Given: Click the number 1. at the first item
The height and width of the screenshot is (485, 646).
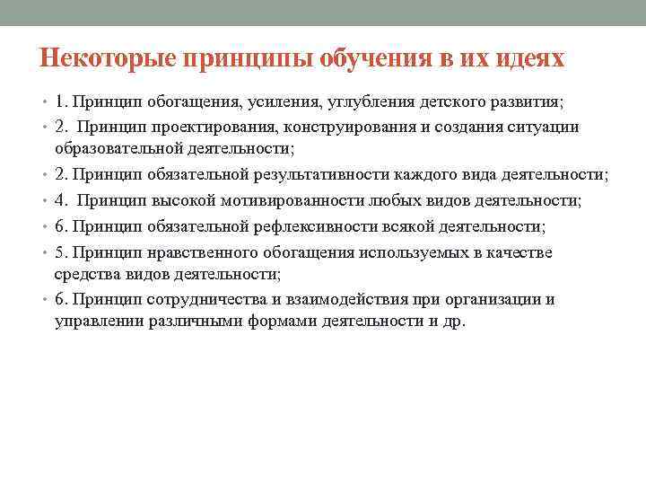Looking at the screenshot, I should tap(61, 103).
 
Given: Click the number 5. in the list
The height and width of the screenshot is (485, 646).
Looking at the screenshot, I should tap(61, 252).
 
